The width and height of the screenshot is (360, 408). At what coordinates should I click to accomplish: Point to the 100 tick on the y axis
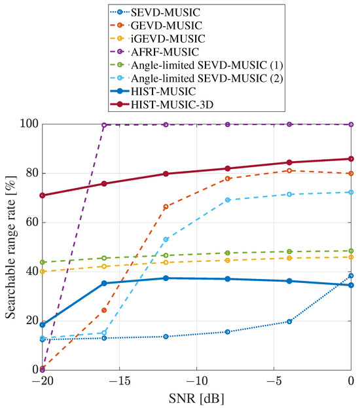[28, 124]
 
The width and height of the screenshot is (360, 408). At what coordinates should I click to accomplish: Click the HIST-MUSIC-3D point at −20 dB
[43, 195]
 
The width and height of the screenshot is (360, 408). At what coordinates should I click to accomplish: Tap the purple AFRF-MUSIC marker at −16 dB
[104, 124]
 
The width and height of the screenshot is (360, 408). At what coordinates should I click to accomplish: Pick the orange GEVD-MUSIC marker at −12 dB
[166, 207]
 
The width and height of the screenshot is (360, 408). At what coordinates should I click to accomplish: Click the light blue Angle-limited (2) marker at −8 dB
[228, 200]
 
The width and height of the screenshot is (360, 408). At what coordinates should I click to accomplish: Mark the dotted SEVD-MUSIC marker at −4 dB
[289, 322]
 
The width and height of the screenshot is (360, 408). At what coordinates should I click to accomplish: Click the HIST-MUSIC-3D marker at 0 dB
[351, 158]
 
